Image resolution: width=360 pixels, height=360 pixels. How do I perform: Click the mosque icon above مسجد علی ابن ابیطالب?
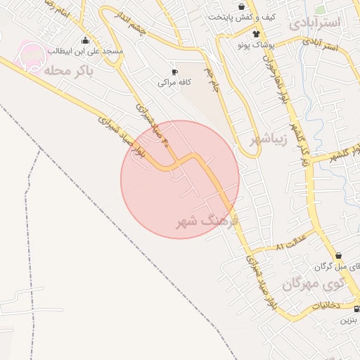[86, 40]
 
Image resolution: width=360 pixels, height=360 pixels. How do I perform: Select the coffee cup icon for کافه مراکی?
[175, 71]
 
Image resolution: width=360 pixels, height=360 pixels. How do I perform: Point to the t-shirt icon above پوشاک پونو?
[256, 33]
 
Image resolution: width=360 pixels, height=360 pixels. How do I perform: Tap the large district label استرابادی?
[314, 22]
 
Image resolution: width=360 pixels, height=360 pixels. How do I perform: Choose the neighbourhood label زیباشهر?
[269, 138]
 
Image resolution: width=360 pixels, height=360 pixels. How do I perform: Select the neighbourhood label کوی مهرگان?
[314, 284]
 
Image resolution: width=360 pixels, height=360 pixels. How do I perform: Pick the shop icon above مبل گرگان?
[339, 256]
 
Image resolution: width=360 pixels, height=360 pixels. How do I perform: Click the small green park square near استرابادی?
[320, 10]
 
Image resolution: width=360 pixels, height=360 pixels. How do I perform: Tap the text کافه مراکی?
[174, 82]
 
